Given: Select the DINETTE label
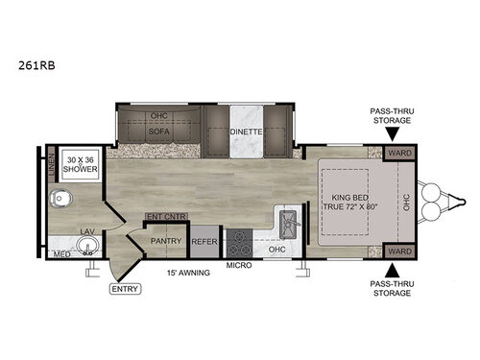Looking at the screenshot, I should pos(247,133).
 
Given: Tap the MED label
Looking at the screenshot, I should pos(62,254).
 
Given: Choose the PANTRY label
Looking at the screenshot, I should pos(165,241).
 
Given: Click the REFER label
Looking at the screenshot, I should pos(204,242).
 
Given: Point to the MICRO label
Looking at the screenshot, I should pos(238,263).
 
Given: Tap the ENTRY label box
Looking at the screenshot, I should pos(125,288).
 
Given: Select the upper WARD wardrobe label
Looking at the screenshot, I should pos(398,152).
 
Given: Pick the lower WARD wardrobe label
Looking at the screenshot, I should pos(398,251).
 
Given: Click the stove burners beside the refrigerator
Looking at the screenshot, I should pos(237,240).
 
